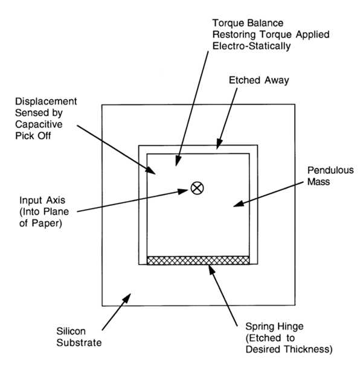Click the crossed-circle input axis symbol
(x=197, y=188)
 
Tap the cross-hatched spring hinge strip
(x=198, y=260)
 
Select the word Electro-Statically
(x=251, y=46)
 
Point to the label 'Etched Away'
(x=259, y=80)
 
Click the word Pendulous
(x=330, y=170)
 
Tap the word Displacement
(x=46, y=101)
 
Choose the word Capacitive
(x=39, y=124)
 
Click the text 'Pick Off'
(x=33, y=136)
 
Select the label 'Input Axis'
(x=42, y=201)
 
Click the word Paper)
(x=47, y=223)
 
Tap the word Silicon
(x=71, y=331)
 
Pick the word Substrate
(x=79, y=342)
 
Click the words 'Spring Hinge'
(x=274, y=327)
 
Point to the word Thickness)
(x=308, y=350)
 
